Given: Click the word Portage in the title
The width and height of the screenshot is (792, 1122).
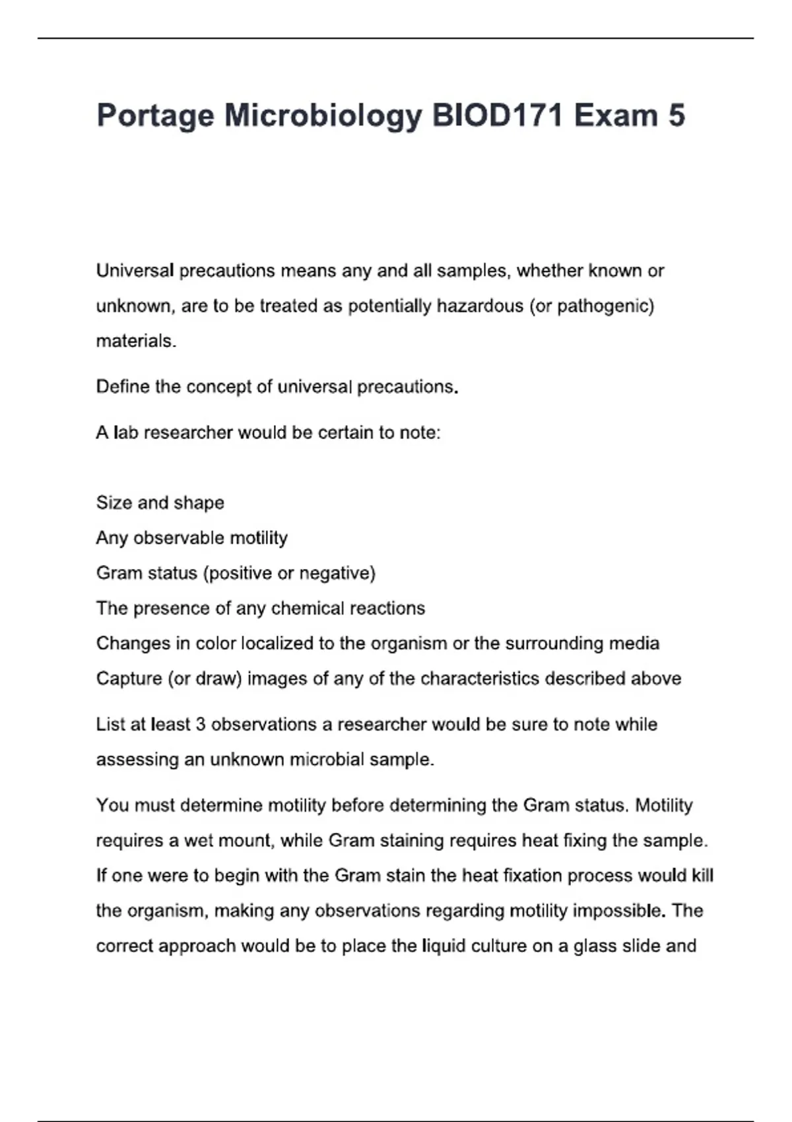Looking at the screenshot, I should coord(155,116).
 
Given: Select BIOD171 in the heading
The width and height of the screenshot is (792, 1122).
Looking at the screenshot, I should coord(497,115).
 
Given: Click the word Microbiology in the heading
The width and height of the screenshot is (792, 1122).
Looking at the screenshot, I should coord(323,116).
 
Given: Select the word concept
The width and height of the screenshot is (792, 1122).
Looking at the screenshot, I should coord(218,387).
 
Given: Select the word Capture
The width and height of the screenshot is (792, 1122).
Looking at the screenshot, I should coord(129,678).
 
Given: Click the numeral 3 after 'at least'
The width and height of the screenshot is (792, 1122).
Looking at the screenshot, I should coord(201,725).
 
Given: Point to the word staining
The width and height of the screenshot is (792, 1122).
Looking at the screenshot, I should coord(391,841).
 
